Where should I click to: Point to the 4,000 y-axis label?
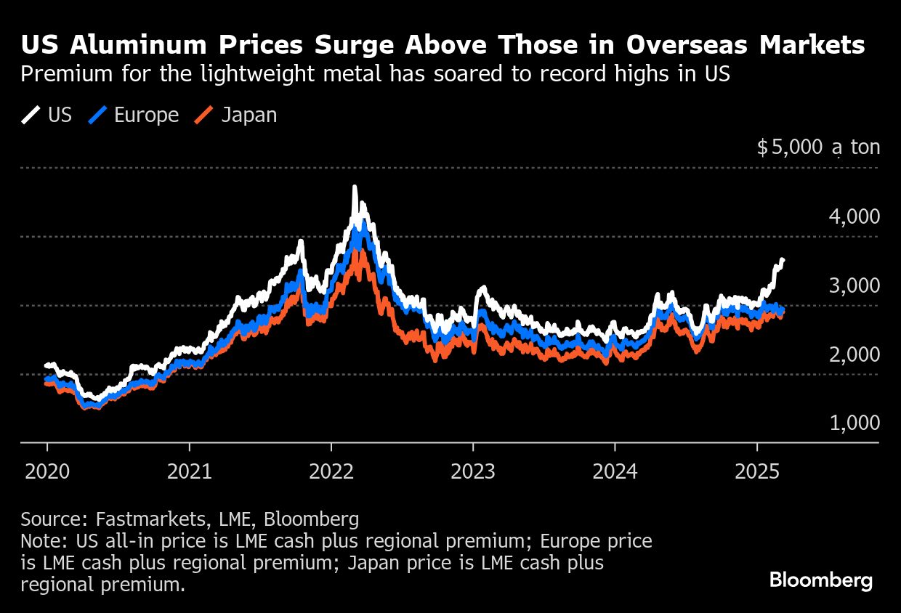pos(854,216)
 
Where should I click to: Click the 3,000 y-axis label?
pos(854,285)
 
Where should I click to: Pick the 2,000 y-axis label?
pos(854,354)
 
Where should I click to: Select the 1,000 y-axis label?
pos(854,423)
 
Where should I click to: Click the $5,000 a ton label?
pos(818,147)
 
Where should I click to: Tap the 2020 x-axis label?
pos(47,472)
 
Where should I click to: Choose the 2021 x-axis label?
pos(189,472)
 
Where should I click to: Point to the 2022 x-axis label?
pos(331,472)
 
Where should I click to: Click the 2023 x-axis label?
pos(473,472)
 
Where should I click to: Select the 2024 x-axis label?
pos(615,472)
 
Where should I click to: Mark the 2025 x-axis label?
pos(757,472)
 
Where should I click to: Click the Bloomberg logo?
pos(821,580)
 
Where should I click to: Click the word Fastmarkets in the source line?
pos(146,519)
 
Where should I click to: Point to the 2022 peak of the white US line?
pos(355,187)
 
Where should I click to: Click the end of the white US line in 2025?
pos(783,259)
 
